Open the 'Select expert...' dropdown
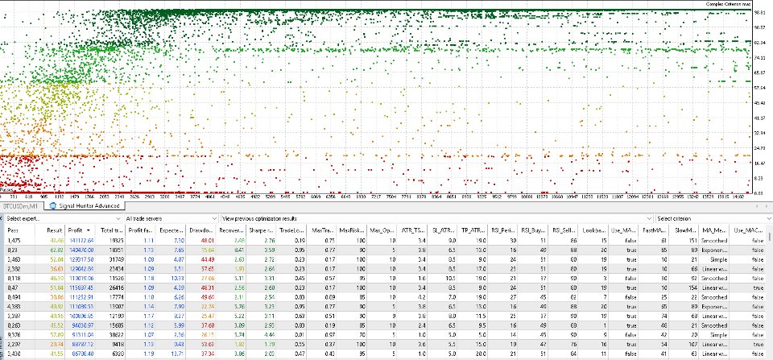pyautogui.click(x=60, y=218)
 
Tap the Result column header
pyautogui.click(x=55, y=230)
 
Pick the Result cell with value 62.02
pyautogui.click(x=56, y=250)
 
